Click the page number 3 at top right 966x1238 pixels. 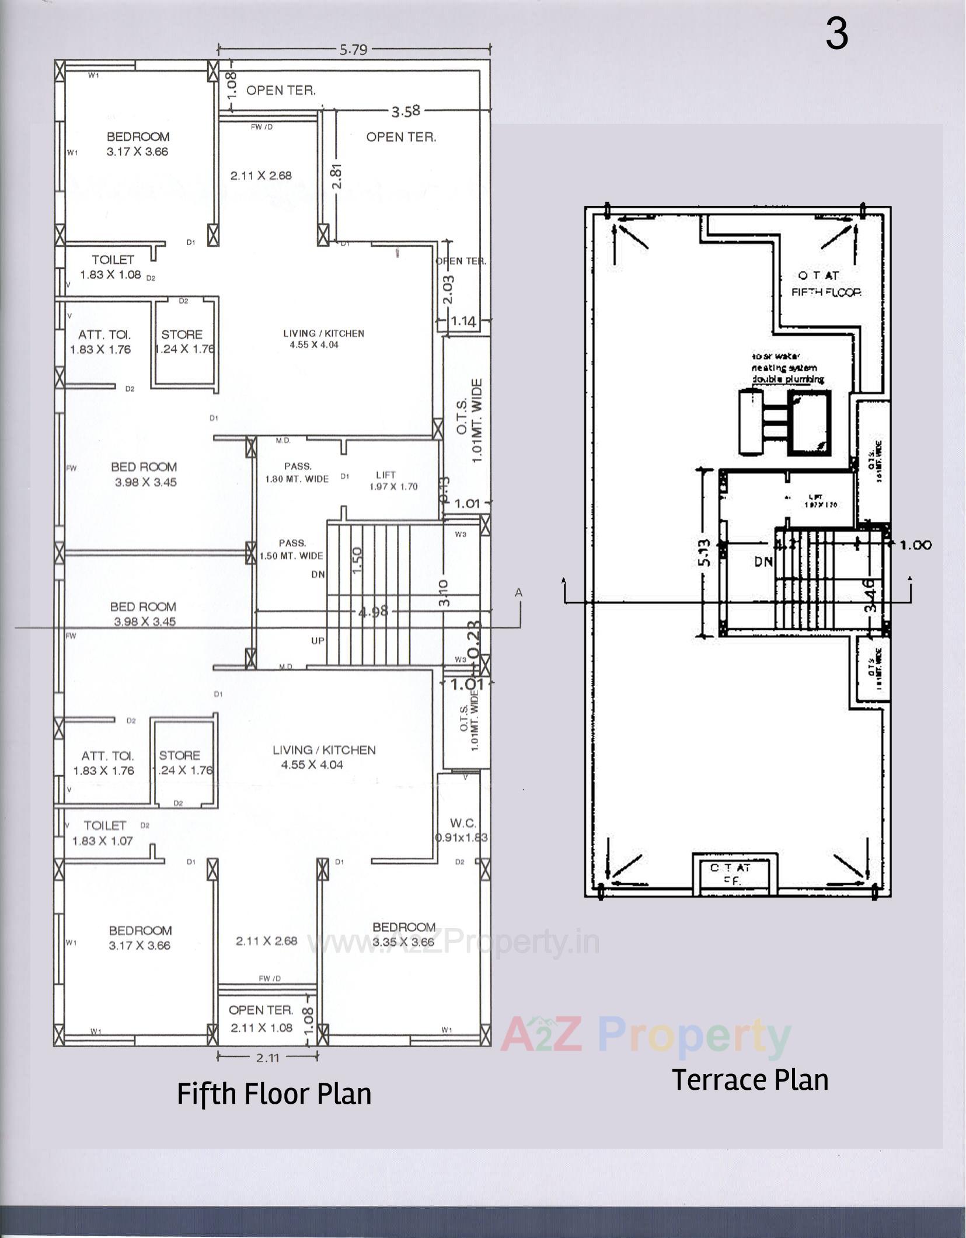[836, 34]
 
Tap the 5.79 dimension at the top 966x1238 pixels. [354, 50]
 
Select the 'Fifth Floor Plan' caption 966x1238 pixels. [274, 1093]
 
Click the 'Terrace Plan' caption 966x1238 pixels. [750, 1079]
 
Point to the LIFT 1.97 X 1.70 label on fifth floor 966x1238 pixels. [393, 481]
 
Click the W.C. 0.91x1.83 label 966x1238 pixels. [462, 830]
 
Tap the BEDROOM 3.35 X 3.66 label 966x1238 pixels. [404, 934]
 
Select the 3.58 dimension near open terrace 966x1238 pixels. [405, 110]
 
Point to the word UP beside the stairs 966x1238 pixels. [318, 641]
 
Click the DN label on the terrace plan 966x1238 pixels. [763, 562]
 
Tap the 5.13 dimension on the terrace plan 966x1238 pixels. [705, 553]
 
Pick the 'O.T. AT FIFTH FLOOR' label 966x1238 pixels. [825, 284]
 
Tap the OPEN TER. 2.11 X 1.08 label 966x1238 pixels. [261, 1019]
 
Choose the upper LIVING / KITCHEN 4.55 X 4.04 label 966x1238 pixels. [323, 339]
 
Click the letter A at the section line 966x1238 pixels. [518, 592]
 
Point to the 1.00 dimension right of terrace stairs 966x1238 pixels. [916, 545]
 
